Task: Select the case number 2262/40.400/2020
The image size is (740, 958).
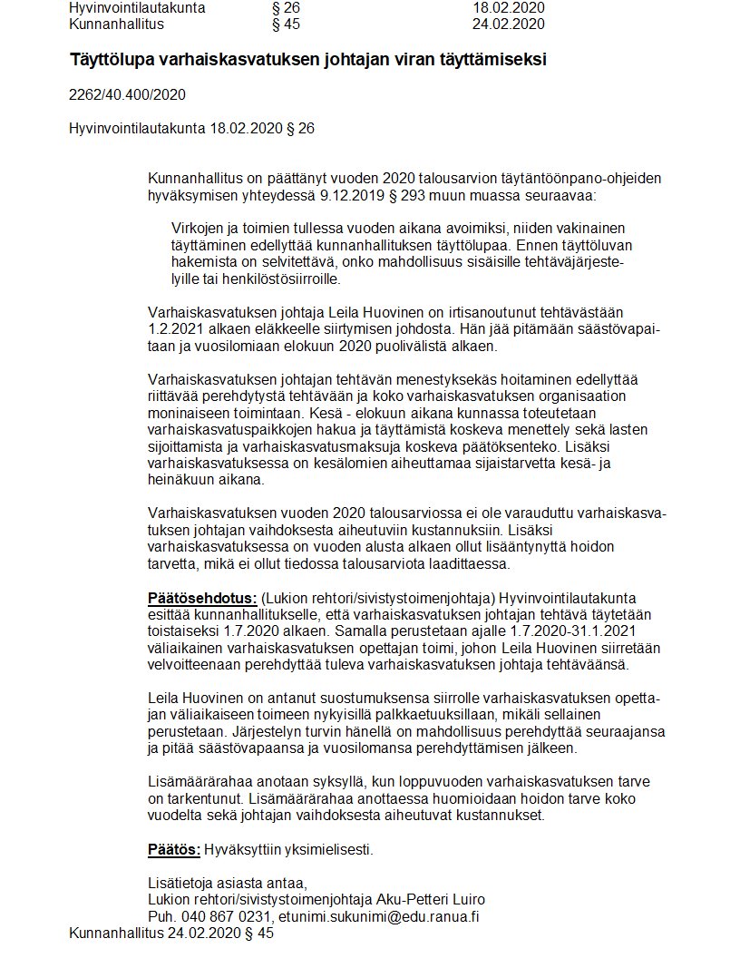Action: coord(128,94)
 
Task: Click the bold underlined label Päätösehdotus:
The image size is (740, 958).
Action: coord(201,598)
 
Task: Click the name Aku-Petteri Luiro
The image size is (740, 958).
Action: coord(433,899)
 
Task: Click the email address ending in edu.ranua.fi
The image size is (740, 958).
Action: coord(379,916)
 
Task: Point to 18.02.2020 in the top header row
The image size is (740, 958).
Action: coord(509,8)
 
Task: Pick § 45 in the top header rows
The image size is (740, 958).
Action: coord(285,24)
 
